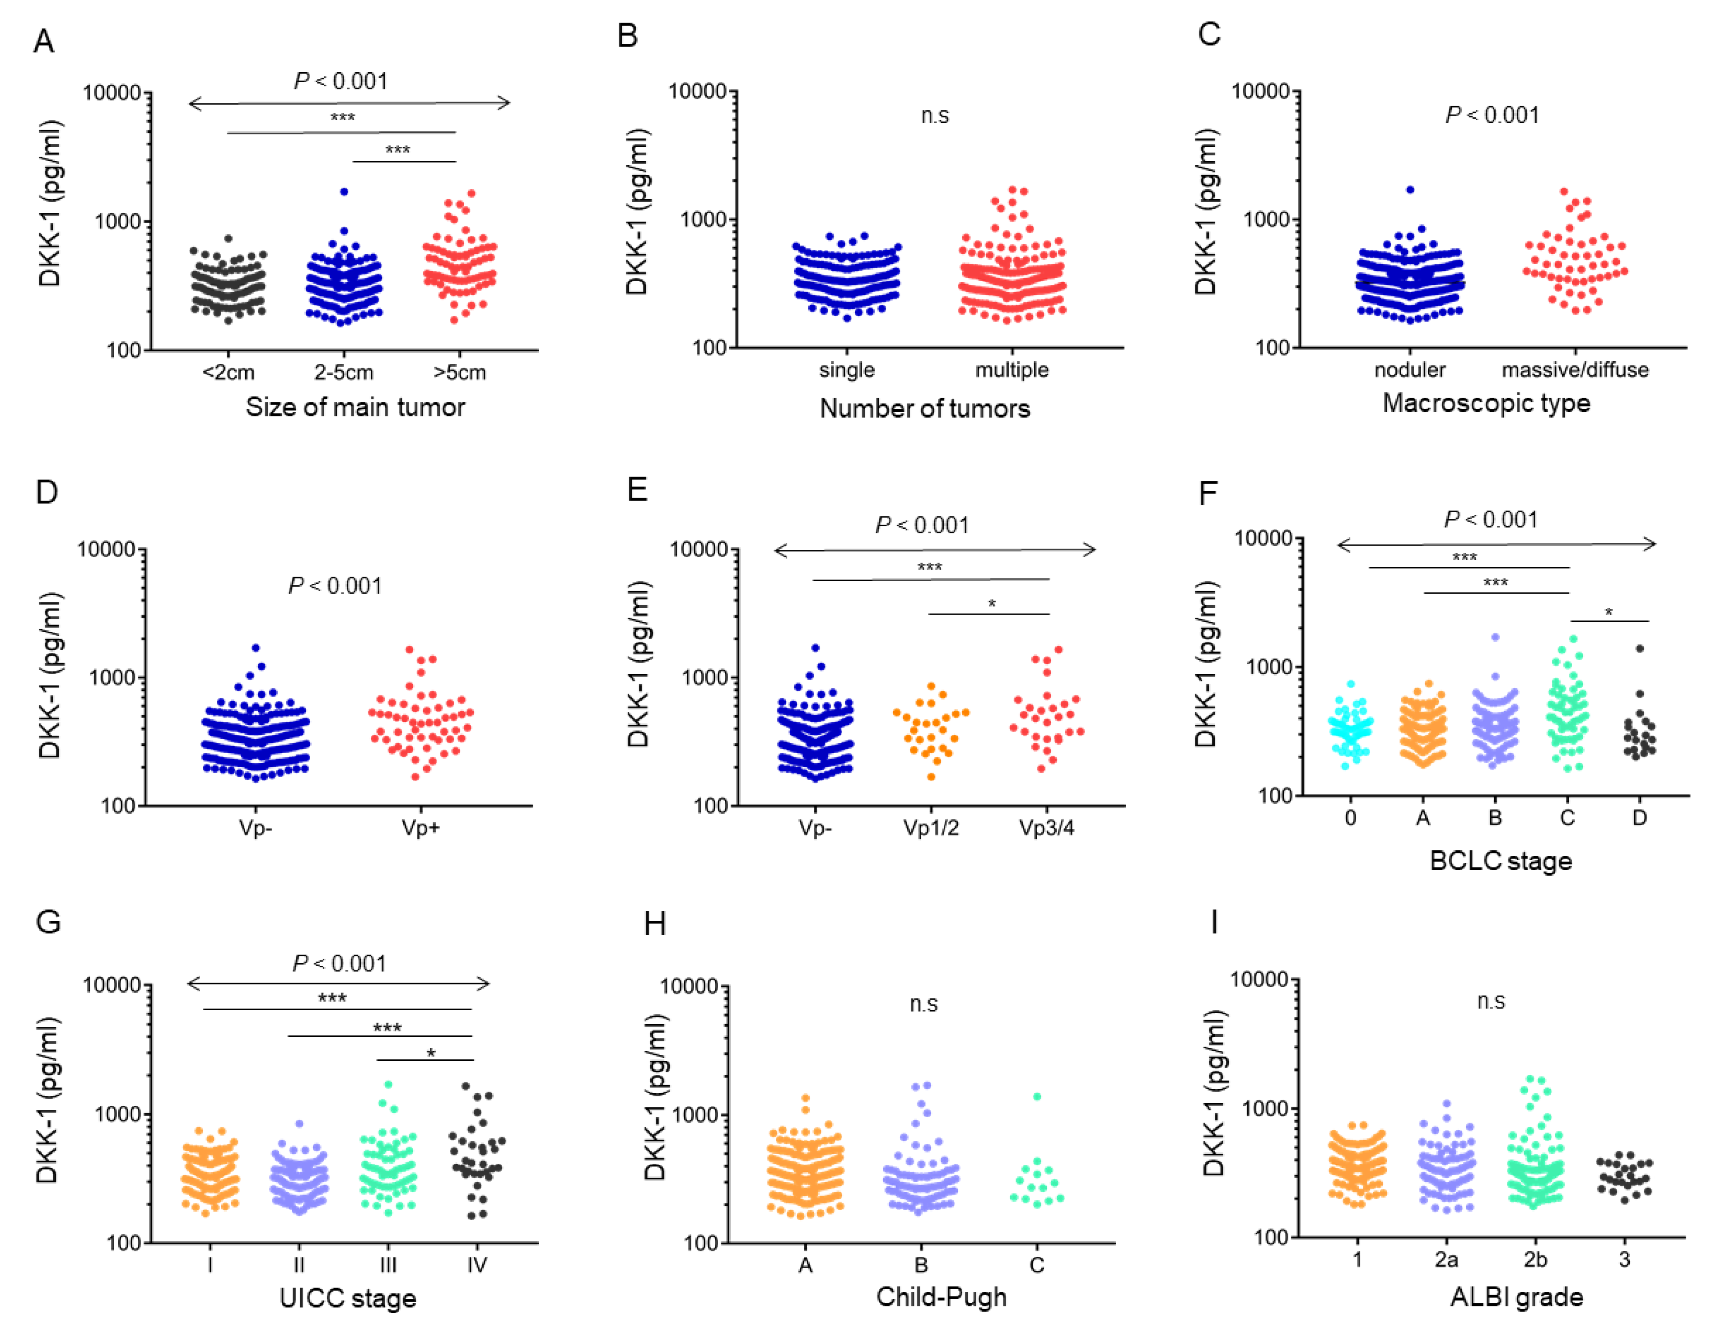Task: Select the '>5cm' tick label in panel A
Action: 460,372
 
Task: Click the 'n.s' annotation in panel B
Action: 935,117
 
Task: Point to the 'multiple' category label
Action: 1012,369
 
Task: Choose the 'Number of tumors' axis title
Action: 925,408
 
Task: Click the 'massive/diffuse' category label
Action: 1575,369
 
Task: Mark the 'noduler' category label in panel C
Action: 1410,369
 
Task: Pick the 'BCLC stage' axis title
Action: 1500,861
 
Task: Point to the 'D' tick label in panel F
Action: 1640,818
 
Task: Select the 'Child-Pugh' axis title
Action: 941,1296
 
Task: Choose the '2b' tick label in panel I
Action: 1535,1259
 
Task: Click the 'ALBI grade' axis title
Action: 1517,1296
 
